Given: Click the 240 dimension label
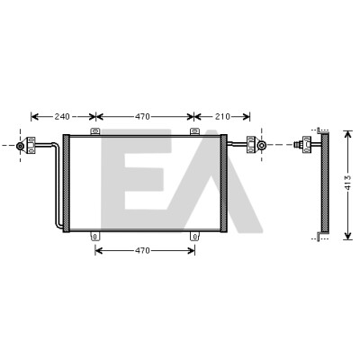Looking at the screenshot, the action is tap(62, 116).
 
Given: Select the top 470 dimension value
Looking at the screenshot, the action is tap(142, 116).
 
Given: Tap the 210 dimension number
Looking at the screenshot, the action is tap(222, 116).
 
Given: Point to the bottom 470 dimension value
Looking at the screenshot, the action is tap(142, 250).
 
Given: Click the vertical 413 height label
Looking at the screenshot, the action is tap(347, 182).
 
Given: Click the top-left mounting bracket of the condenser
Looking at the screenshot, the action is tap(95, 131).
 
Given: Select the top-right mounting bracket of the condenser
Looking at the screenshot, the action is tap(194, 131).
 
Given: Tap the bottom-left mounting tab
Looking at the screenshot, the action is tap(94, 237).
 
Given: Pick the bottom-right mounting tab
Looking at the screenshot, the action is tap(194, 237).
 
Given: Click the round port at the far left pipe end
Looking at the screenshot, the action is tap(20, 146).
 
